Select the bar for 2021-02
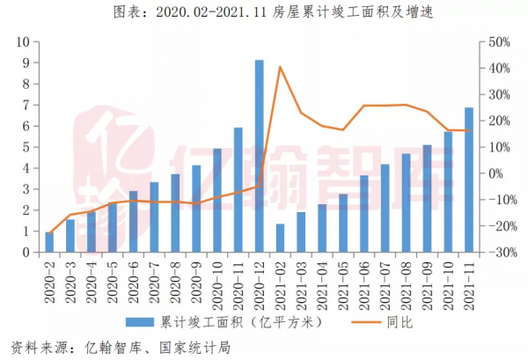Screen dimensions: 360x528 tap(281, 238)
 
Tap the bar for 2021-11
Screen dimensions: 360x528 tap(468, 180)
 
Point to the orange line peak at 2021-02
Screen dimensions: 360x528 tap(280, 67)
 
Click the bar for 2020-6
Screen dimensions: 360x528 tap(134, 221)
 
